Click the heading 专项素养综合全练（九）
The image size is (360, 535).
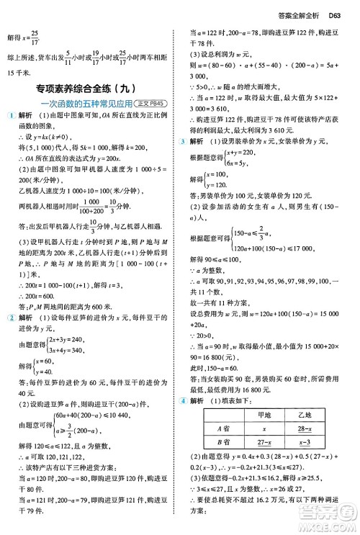tap(91, 89)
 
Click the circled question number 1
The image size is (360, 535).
tap(8, 116)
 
